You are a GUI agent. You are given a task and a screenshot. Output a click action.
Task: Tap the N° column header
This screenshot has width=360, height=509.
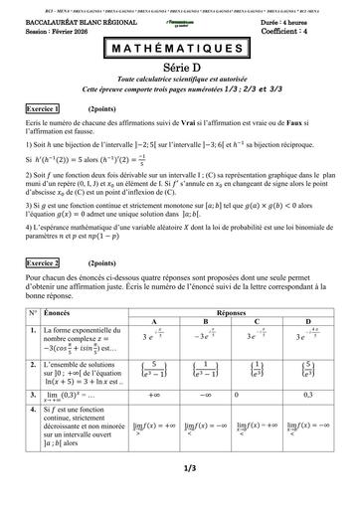(x=33, y=312)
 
